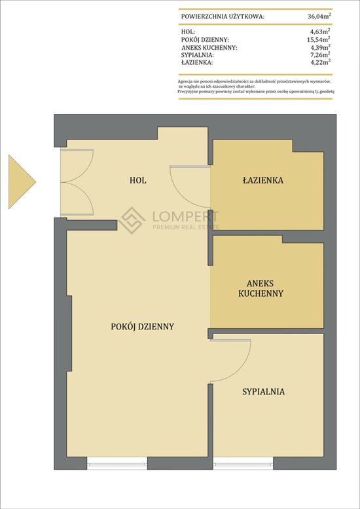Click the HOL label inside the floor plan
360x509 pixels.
(138, 180)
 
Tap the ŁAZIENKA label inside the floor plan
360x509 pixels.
(263, 180)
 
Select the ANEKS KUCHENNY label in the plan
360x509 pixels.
(261, 288)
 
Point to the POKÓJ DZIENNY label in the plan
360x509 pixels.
(143, 326)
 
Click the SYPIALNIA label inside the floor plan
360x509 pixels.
(263, 392)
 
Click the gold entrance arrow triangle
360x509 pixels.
(22, 182)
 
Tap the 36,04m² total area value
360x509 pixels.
(319, 16)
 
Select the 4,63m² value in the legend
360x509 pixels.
(321, 31)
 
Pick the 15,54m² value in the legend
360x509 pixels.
(319, 39)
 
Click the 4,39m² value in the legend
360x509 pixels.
(321, 47)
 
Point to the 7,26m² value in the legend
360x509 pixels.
(321, 54)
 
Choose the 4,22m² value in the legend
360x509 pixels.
(321, 62)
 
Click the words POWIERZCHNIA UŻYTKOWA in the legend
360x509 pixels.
(223, 16)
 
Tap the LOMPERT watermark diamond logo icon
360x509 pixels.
(132, 220)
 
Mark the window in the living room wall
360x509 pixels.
(117, 463)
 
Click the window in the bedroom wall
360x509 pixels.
(243, 463)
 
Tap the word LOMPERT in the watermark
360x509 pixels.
(185, 216)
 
